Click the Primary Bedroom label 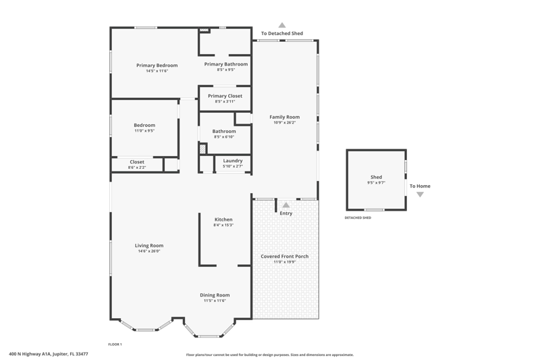point(157,66)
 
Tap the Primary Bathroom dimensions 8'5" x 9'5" point(226,70)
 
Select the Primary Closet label point(225,96)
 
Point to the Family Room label point(284,117)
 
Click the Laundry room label point(233,161)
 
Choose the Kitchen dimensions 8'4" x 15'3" point(223,225)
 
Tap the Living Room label point(149,246)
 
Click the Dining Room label point(215,295)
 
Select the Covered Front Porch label point(284,256)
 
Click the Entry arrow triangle point(286,205)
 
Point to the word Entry point(286,213)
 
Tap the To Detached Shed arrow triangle point(282,25)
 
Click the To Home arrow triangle point(420,195)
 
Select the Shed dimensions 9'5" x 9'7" point(376,183)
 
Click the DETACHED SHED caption point(358,217)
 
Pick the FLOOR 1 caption point(115,344)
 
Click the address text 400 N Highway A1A point(30,354)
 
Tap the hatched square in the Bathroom point(203,149)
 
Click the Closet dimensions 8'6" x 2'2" point(137,168)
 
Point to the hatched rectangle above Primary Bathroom point(205,30)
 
